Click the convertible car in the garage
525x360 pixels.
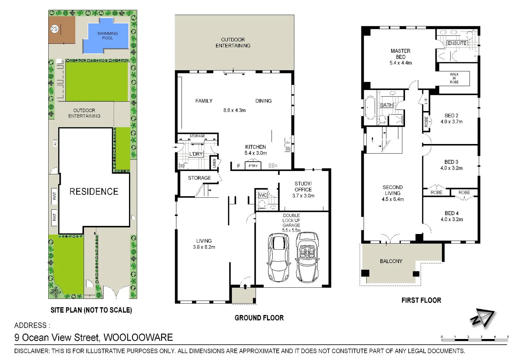307,257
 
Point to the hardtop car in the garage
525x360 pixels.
278,257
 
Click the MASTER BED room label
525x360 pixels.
400,54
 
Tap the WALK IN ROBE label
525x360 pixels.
454,78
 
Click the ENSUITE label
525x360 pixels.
457,43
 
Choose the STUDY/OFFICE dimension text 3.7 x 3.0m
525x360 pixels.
303,196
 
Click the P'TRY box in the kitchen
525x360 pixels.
253,166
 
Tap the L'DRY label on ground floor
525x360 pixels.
196,154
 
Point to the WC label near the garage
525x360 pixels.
263,195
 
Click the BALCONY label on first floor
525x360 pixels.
391,261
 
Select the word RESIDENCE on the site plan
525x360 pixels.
94,191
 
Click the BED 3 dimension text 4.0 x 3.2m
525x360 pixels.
451,168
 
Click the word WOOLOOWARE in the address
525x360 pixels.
138,337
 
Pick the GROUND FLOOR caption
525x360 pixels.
259,318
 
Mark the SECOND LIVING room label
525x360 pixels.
393,190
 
